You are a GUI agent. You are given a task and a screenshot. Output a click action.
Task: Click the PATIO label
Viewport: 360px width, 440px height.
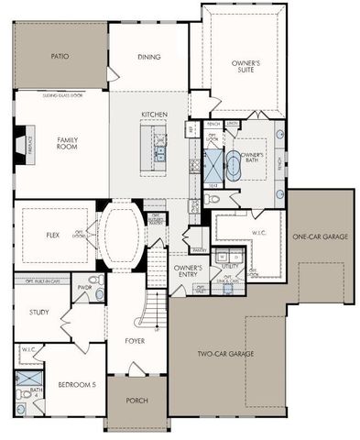pyautogui.click(x=60, y=56)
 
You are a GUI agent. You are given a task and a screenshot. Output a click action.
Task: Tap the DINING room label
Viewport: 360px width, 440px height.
pyautogui.click(x=149, y=57)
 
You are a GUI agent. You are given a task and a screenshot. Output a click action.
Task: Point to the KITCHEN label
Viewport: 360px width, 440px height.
pyautogui.click(x=154, y=115)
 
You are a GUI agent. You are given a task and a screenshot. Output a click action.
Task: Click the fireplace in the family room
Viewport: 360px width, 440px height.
pyautogui.click(x=19, y=146)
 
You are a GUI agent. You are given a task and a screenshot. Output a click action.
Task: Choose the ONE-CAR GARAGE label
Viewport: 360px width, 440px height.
pyautogui.click(x=320, y=236)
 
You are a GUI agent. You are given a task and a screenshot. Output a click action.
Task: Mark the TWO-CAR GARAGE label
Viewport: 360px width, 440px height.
pyautogui.click(x=224, y=354)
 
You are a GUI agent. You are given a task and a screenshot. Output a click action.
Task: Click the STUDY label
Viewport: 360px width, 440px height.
pyautogui.click(x=38, y=313)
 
